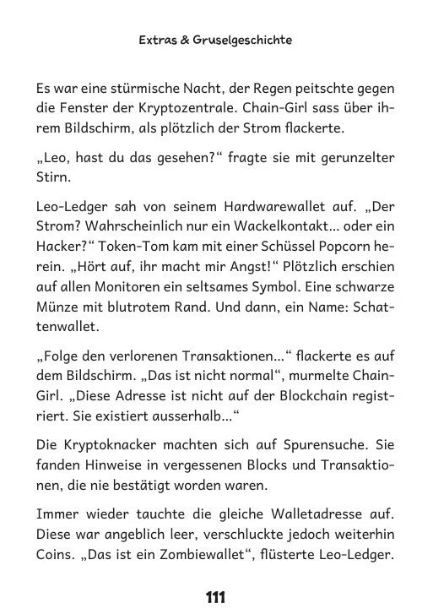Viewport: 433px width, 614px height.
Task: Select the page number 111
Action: coord(216,597)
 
